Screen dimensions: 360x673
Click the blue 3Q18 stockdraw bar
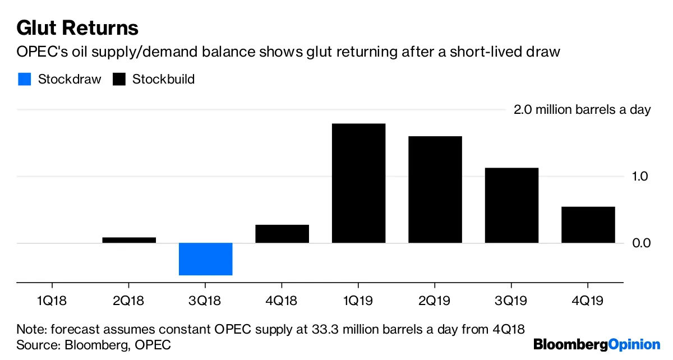(x=205, y=259)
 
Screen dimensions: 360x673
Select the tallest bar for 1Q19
(x=358, y=183)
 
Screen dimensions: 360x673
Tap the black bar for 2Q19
(x=435, y=190)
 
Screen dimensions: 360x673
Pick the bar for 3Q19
(x=511, y=205)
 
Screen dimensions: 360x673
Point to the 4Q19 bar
(x=588, y=225)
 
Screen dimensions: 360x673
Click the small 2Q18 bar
(x=129, y=240)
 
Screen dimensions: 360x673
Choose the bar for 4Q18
(x=282, y=234)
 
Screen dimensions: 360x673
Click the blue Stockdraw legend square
(x=24, y=79)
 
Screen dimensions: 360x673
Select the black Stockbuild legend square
(x=118, y=79)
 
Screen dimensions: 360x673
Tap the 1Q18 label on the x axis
(x=52, y=302)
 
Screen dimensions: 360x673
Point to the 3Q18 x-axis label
(x=205, y=302)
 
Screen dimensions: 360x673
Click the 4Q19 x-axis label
(x=588, y=302)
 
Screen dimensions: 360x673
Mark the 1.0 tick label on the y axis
(x=641, y=177)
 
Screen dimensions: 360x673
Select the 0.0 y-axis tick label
(x=641, y=243)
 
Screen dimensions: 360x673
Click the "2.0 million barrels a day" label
(x=582, y=110)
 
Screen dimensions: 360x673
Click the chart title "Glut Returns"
(x=77, y=27)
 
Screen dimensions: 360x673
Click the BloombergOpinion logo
(x=597, y=344)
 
